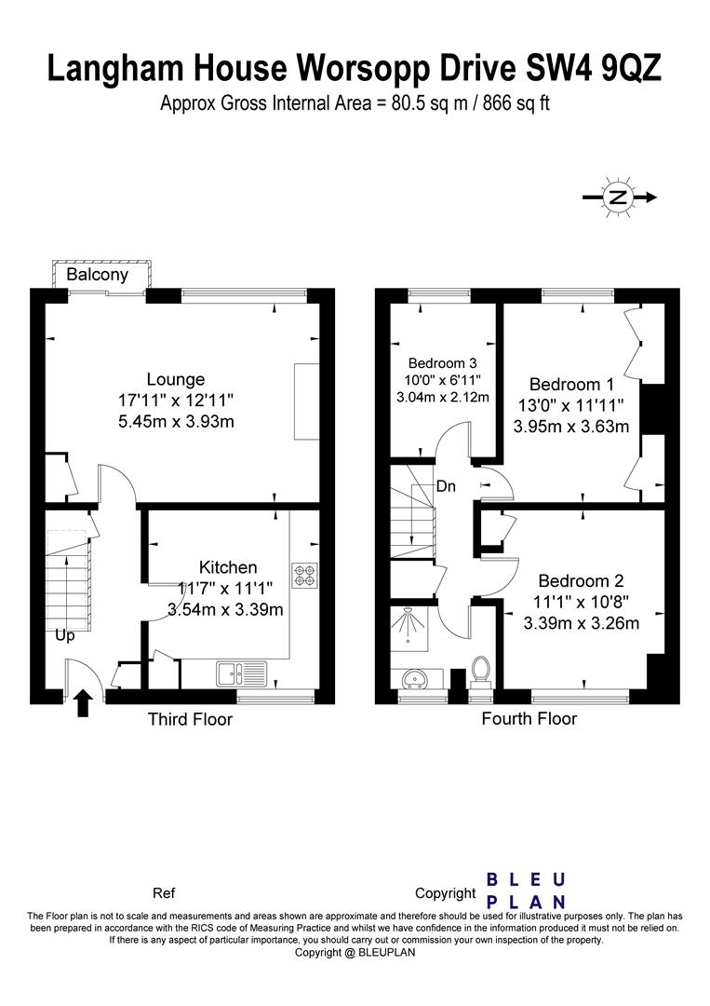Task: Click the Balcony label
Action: pyautogui.click(x=98, y=275)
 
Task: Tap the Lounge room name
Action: pyautogui.click(x=176, y=379)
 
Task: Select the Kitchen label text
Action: pyautogui.click(x=228, y=567)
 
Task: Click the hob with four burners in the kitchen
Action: pyautogui.click(x=304, y=576)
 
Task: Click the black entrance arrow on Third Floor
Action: pyautogui.click(x=83, y=702)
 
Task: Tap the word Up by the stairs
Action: pyautogui.click(x=65, y=636)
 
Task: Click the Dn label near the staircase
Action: pyautogui.click(x=446, y=486)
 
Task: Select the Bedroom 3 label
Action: pyautogui.click(x=442, y=363)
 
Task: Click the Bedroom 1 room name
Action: pyautogui.click(x=571, y=385)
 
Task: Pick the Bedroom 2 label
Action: pyautogui.click(x=581, y=580)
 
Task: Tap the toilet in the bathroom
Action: pyautogui.click(x=480, y=671)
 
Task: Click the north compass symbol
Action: pyautogui.click(x=619, y=197)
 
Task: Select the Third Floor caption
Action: pyautogui.click(x=191, y=719)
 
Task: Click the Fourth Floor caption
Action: pyautogui.click(x=529, y=718)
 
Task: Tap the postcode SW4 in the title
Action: pyautogui.click(x=557, y=69)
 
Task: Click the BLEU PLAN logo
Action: pyautogui.click(x=526, y=890)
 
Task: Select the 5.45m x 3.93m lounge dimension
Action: pyautogui.click(x=176, y=422)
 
